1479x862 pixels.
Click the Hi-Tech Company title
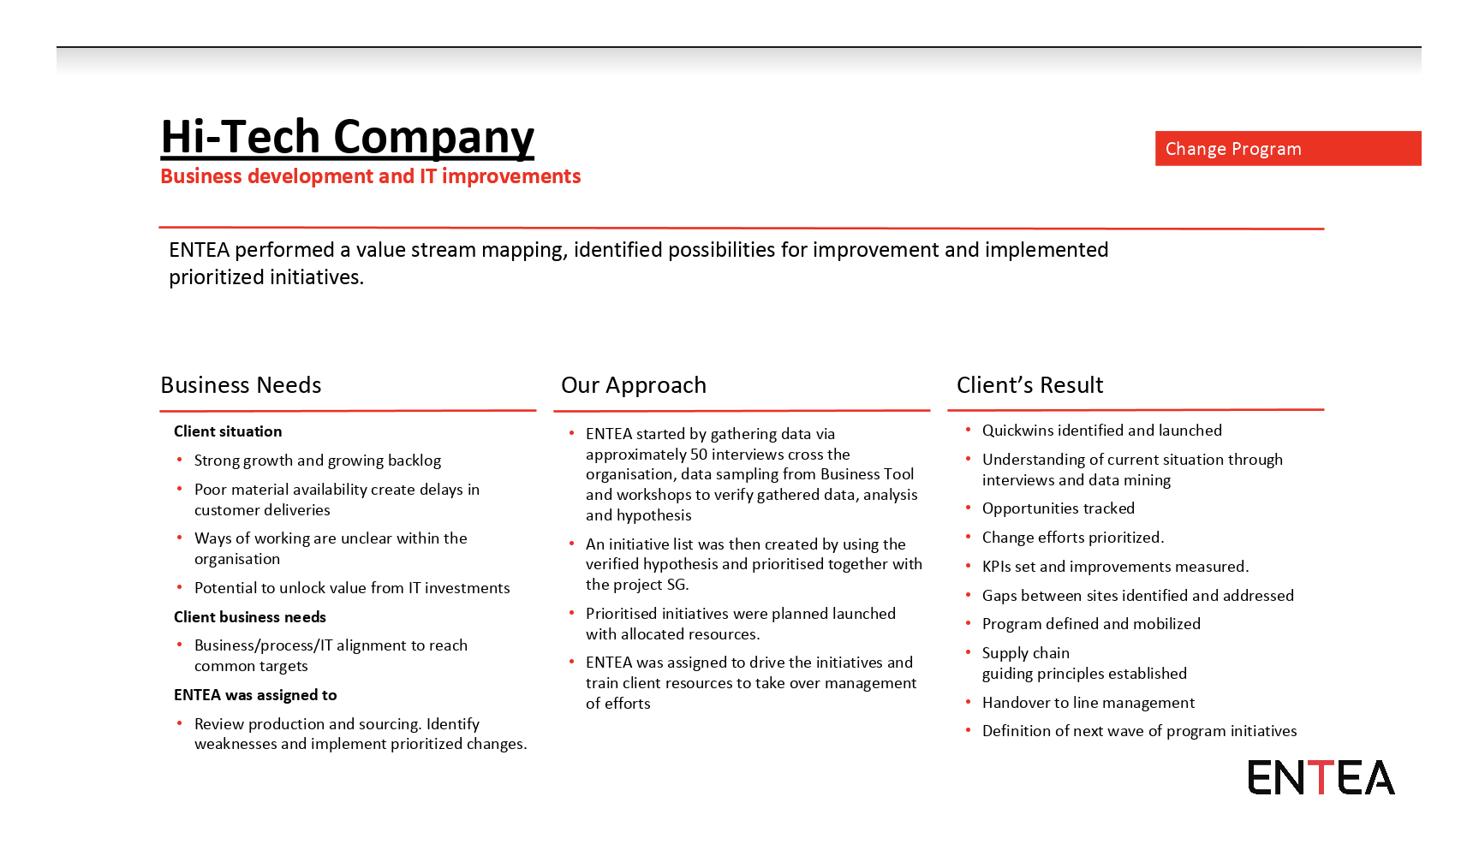[x=347, y=137]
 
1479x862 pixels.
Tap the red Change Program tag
[x=1287, y=148]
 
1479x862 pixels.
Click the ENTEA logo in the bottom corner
[x=1321, y=777]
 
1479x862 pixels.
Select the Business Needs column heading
[x=241, y=385]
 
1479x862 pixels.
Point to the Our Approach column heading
[x=634, y=385]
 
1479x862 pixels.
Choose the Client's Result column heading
[x=1029, y=385]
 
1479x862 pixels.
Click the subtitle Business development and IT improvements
[x=370, y=176]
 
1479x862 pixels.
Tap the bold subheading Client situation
[x=228, y=431]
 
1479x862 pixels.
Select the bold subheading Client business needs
[x=250, y=617]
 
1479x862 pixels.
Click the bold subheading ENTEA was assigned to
[x=255, y=695]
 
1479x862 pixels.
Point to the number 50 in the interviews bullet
[x=699, y=455]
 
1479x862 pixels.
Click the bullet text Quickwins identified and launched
[x=1101, y=431]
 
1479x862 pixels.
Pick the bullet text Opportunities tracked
[x=1058, y=508]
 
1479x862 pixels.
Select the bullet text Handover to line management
[x=1088, y=703]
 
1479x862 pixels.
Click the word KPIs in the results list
[x=997, y=567]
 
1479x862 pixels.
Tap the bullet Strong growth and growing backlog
[x=318, y=461]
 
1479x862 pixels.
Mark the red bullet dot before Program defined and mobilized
[x=969, y=623]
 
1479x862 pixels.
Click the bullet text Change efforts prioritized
[x=1073, y=538]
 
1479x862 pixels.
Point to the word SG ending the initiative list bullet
[x=677, y=585]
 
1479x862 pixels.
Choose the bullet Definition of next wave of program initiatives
[x=1139, y=731]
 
